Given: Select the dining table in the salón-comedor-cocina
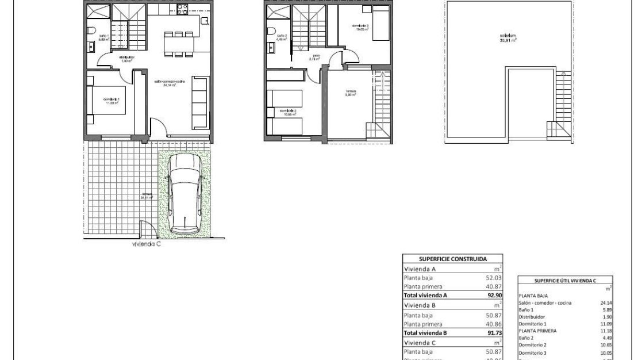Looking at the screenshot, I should tap(178, 44).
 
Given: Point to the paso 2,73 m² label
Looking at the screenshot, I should tap(314, 58).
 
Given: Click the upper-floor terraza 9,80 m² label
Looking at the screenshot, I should tap(351, 93).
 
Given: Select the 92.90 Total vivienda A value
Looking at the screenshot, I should tap(494, 295).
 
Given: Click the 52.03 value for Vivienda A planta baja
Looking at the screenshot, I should tap(494, 277).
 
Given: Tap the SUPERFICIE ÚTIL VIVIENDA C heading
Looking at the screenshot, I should tap(566, 281).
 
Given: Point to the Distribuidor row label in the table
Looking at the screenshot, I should tap(532, 317).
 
